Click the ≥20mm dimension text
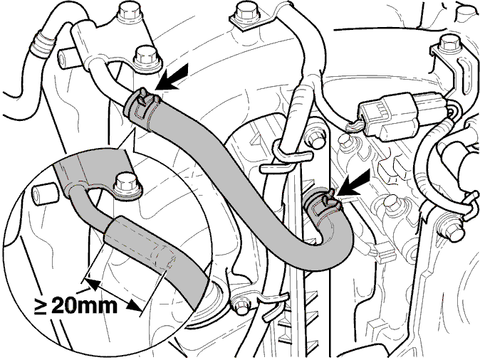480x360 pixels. (76, 306)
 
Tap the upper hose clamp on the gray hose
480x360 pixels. (142, 110)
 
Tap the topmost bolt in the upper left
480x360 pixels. (130, 14)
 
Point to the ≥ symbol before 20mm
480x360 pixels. (40, 306)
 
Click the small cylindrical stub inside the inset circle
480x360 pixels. (43, 194)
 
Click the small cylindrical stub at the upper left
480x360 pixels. (66, 59)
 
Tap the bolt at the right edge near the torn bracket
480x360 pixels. (449, 229)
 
